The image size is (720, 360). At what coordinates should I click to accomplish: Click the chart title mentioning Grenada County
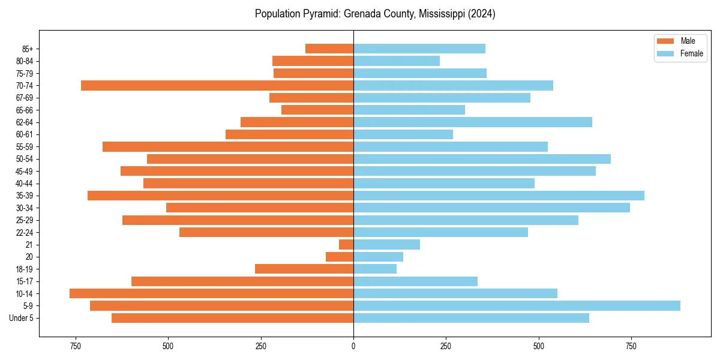[375, 14]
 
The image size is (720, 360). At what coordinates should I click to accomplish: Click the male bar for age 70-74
[217, 86]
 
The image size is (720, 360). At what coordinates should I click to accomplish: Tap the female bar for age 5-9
[517, 306]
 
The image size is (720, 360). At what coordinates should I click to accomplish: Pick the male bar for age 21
[346, 245]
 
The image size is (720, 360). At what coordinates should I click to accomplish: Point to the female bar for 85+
[419, 49]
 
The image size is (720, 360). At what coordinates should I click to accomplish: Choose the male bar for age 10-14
[211, 293]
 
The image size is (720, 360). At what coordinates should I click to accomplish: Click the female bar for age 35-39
[499, 196]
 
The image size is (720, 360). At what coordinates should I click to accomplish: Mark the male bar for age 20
[340, 257]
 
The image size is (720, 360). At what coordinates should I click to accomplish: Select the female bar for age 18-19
[375, 269]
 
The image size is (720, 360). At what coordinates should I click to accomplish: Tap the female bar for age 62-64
[473, 122]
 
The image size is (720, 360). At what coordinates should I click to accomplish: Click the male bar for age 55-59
[228, 147]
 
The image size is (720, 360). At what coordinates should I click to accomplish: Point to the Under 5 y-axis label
[22, 318]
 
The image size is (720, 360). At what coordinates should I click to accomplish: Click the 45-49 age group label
[25, 171]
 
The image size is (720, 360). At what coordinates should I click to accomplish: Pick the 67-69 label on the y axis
[25, 98]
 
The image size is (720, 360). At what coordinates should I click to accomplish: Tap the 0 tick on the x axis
[353, 346]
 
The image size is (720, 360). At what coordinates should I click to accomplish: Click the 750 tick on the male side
[75, 346]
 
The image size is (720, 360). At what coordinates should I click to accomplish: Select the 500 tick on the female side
[539, 346]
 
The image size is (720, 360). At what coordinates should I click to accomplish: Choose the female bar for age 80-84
[397, 61]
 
